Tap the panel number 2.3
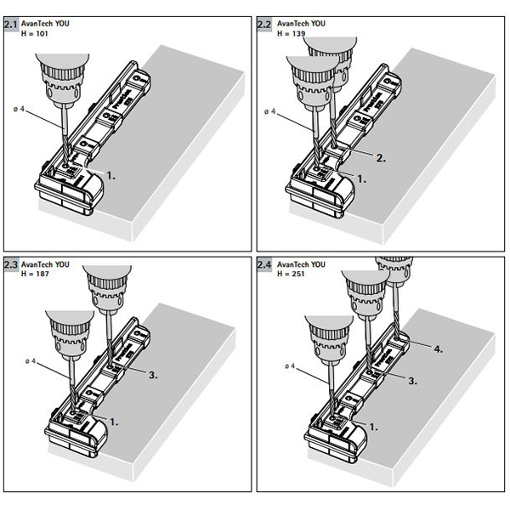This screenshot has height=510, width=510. [x=11, y=265]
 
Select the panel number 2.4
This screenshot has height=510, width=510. [x=264, y=265]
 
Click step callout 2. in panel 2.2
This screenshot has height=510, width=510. [x=382, y=157]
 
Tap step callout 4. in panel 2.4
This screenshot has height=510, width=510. [x=437, y=348]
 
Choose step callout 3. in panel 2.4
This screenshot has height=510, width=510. [x=412, y=382]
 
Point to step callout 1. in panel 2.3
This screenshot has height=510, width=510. [x=112, y=421]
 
